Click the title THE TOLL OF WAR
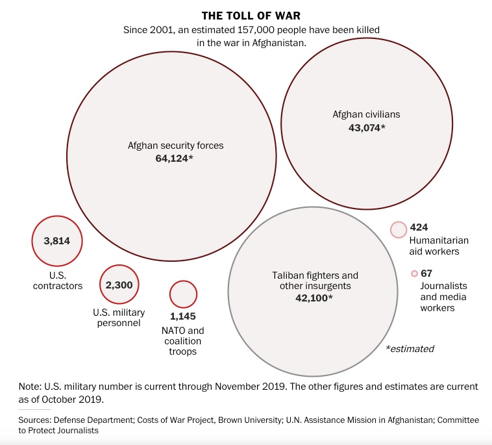(251, 16)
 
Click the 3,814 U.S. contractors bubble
(57, 241)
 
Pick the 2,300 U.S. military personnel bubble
(119, 285)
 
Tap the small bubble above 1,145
(183, 294)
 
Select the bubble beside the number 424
(399, 229)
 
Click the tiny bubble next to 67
(414, 273)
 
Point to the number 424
(419, 227)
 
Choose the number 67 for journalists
(426, 273)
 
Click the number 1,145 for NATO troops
(183, 316)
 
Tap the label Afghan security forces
(176, 146)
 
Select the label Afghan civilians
(366, 114)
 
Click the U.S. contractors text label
(58, 281)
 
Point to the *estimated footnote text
(410, 349)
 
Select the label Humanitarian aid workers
(439, 246)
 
